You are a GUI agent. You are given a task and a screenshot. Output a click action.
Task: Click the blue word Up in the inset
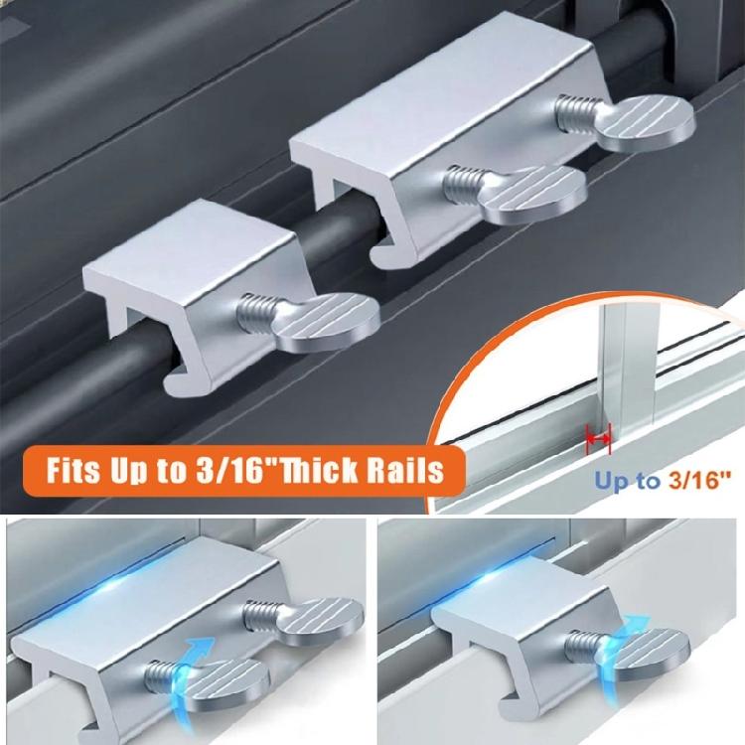[613, 482]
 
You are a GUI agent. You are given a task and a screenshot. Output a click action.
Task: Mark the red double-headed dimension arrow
[598, 434]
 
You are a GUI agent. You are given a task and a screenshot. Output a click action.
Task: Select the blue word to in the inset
[650, 482]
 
